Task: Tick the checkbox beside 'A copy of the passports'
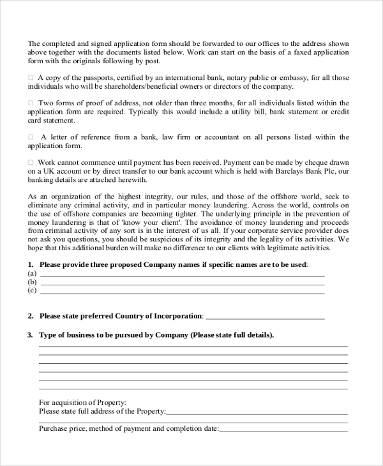point(31,78)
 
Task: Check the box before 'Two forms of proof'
point(31,103)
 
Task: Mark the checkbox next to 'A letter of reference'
point(31,137)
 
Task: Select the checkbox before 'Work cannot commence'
point(31,163)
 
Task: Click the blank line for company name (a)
point(182,274)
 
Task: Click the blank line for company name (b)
point(182,282)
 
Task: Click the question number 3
point(30,334)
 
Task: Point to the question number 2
point(30,316)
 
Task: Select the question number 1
point(30,264)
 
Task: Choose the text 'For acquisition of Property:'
point(82,402)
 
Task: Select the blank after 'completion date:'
point(283,430)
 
